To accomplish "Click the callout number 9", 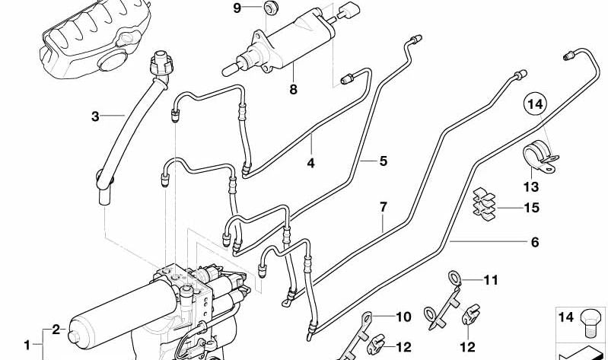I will pos(237,8).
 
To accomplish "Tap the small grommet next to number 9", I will pos(269,9).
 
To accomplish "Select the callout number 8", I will pos(293,90).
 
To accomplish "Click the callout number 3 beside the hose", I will pos(96,116).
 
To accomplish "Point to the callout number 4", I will pos(310,162).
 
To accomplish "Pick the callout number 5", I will pos(384,161).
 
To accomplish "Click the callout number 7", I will pos(384,207).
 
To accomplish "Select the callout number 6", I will pos(534,242).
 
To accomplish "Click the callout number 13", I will pos(530,186).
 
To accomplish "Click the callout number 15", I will pos(530,207).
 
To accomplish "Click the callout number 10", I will pos(403,315).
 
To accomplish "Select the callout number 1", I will pos(27,345).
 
